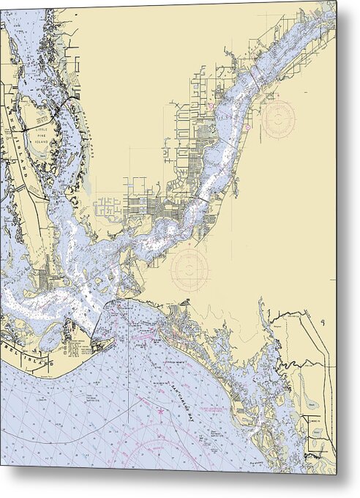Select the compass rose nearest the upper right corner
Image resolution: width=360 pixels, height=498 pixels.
pyautogui.click(x=280, y=118)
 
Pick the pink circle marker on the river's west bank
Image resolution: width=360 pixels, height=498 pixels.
pyautogui.click(x=210, y=105)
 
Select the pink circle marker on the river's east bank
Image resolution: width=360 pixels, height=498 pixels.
pyautogui.click(x=247, y=127)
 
